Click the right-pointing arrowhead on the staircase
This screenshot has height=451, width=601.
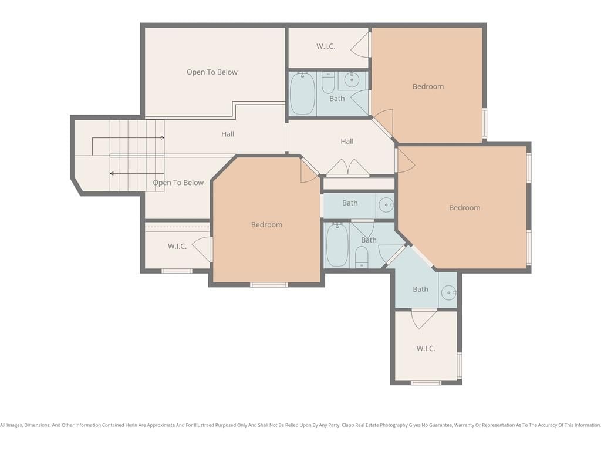163,137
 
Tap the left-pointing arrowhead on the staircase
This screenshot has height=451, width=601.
112,174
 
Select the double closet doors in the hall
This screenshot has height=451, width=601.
348,167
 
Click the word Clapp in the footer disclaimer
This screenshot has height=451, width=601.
348,425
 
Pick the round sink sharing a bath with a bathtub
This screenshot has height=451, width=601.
351,80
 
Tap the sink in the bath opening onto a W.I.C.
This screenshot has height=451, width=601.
448,292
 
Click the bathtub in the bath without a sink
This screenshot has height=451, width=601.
337,245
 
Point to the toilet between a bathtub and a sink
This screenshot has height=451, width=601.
327,82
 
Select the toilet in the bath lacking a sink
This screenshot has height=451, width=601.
362,257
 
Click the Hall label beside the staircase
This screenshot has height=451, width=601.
228,134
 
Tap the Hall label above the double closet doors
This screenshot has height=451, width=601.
347,142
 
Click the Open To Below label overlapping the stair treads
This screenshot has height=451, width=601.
178,183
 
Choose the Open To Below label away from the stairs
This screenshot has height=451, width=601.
212,72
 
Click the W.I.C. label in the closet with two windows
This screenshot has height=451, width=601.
426,349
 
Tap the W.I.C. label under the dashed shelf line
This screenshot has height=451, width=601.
177,247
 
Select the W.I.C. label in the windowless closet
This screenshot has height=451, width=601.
326,46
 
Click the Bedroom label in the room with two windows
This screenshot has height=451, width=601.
465,208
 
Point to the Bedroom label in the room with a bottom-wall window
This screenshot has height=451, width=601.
267,225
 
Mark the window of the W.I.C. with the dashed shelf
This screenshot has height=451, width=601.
177,271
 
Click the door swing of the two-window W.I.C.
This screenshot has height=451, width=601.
424,318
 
